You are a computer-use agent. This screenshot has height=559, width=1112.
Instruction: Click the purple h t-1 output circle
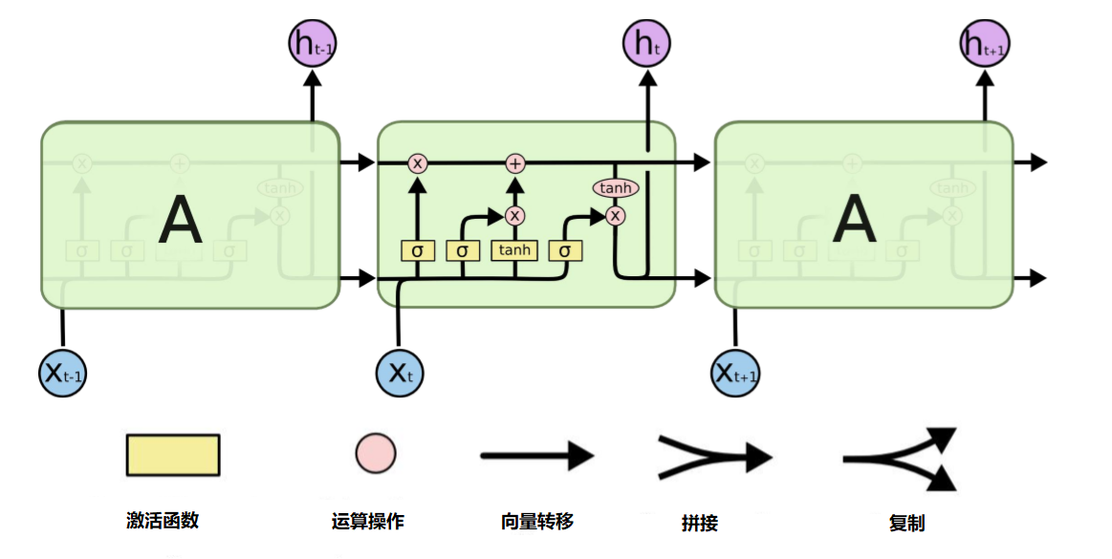pos(312,44)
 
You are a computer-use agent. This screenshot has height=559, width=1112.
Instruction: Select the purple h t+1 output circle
pos(985,44)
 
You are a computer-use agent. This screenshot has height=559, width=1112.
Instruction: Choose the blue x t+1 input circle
pos(736,373)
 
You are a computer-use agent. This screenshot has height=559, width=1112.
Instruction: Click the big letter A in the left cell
pos(181,221)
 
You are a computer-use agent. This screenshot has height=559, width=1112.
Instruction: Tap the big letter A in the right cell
pos(854,221)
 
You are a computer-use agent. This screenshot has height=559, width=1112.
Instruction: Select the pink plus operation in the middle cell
pos(515,163)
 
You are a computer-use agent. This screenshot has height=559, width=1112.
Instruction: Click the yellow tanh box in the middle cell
pos(514,250)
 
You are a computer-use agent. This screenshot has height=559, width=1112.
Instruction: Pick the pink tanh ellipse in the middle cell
pos(616,188)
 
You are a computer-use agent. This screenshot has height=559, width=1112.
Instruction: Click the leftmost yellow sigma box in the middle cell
pos(417,250)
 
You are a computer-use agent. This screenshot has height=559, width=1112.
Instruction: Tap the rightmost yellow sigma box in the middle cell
pos(565,250)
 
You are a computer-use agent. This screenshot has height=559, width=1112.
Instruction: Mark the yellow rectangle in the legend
pos(173,455)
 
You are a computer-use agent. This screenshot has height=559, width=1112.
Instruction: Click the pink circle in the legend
pos(376,453)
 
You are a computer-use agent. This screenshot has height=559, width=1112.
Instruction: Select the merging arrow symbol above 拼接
pos(713,456)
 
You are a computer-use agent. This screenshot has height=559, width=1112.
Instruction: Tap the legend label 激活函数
pos(163,521)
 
